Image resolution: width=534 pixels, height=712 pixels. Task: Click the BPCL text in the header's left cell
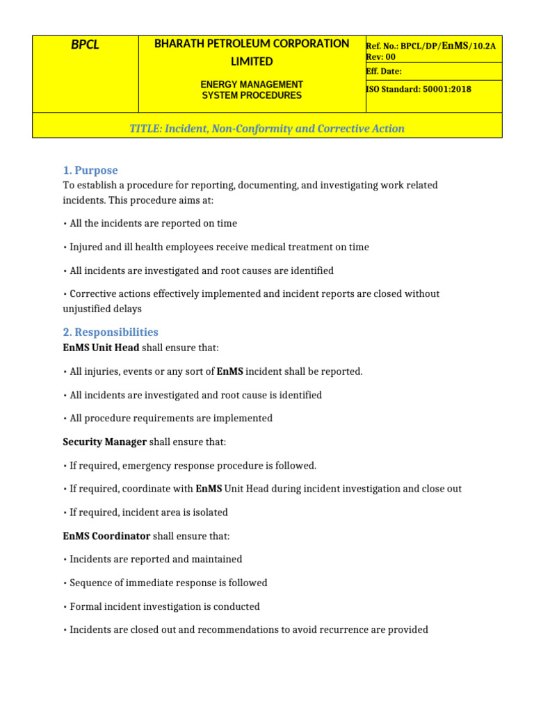coord(86,45)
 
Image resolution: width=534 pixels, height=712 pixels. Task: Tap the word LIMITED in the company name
coord(252,62)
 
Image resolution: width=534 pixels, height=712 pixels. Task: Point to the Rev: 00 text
coord(380,57)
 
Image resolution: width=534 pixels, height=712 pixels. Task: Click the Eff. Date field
coord(383,71)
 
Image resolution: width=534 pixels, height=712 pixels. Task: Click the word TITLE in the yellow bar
coord(145,129)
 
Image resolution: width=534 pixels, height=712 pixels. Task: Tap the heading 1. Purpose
coord(90,170)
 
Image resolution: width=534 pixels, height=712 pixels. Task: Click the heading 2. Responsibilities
coord(111,332)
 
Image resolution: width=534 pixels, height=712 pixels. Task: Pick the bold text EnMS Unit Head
coord(101,348)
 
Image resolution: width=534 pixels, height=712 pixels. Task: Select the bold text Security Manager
coord(104,442)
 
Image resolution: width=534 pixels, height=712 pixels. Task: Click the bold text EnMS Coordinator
coord(106,536)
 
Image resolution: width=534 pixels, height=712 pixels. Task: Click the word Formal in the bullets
coord(86,606)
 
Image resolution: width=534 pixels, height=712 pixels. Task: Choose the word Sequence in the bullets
coord(90,583)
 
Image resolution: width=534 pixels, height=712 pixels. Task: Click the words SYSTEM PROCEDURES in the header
coord(252,95)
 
